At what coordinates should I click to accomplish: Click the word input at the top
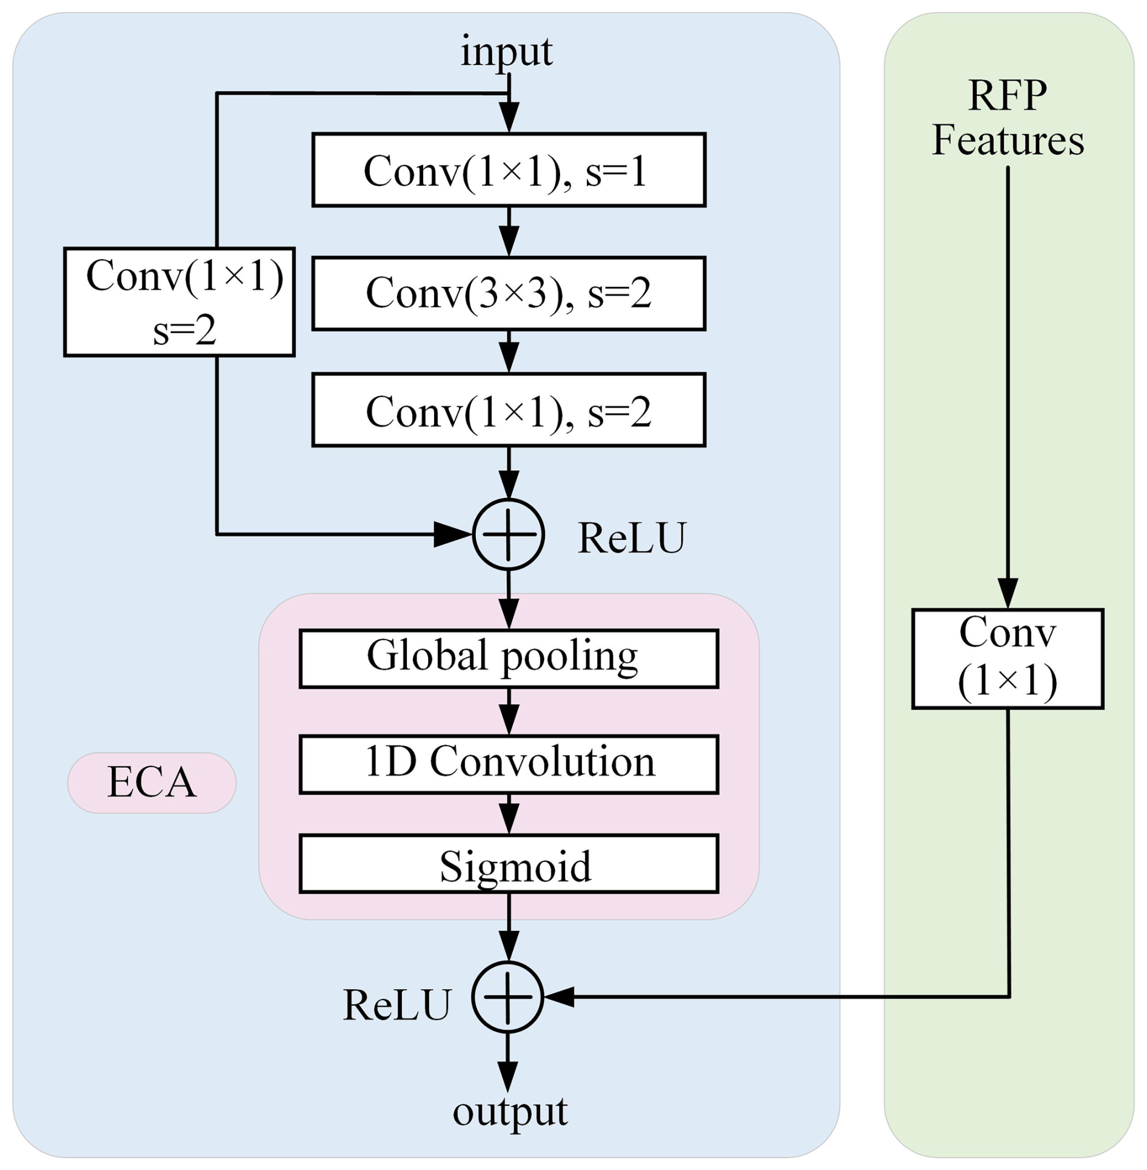coord(506,52)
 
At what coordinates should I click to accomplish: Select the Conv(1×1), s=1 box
coord(509,170)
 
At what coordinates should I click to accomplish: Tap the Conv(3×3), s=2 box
coord(509,294)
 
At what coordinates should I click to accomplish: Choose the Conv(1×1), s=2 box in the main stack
coord(509,410)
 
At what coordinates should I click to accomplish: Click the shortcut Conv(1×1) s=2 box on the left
coord(179,301)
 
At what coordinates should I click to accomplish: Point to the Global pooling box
coord(509,659)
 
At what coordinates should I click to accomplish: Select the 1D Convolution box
coord(509,764)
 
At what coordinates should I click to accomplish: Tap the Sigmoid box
coord(509,864)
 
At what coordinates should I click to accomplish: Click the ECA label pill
coord(152,782)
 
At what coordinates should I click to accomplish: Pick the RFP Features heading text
coord(1008,118)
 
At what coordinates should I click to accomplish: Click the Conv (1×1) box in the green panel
coord(1008,659)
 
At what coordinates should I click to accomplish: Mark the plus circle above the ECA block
coord(508,534)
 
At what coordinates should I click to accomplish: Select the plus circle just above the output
coord(507,997)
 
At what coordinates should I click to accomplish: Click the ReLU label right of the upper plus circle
coord(631,537)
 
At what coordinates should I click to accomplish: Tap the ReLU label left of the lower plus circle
coord(397,1005)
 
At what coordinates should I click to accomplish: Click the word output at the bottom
coord(510,1111)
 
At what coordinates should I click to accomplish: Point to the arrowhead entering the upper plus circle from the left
coord(452,534)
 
